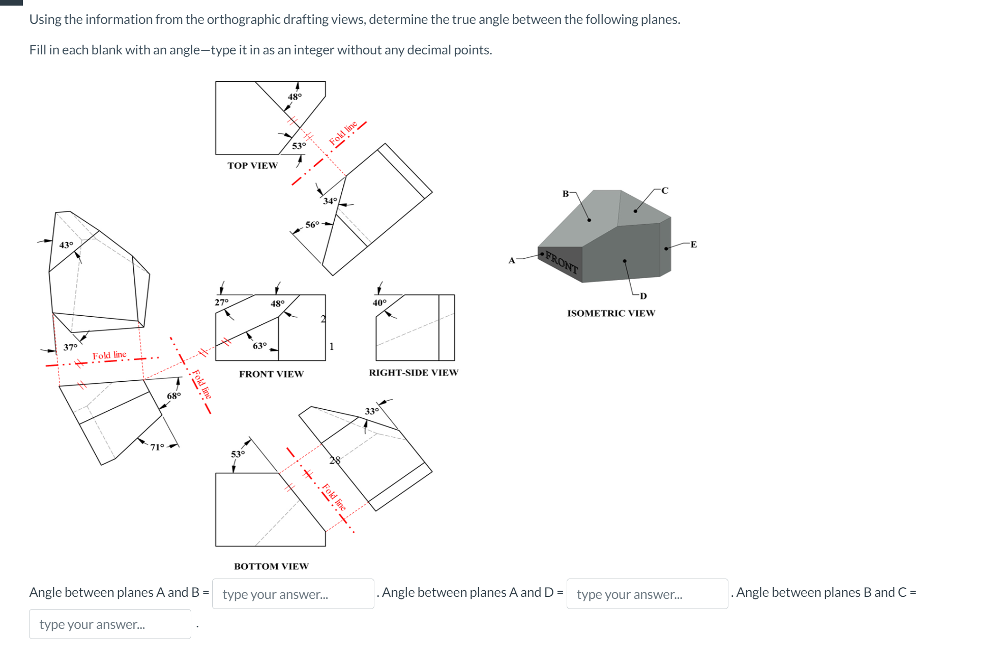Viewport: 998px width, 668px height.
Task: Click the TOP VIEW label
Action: click(252, 166)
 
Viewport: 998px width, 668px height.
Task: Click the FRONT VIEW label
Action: click(271, 374)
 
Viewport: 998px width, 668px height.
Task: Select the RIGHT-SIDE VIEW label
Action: click(413, 373)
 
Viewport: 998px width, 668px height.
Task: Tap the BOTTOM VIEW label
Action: click(271, 566)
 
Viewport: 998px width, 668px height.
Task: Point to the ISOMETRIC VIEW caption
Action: click(611, 313)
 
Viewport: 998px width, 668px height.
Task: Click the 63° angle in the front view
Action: click(259, 346)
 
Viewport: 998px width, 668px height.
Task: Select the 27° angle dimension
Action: click(221, 302)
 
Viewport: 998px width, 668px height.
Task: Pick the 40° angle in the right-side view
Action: click(379, 302)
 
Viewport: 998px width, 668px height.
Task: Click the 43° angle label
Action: click(66, 245)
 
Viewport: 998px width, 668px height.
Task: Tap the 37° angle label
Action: click(70, 347)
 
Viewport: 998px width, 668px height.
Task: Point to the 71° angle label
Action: click(157, 447)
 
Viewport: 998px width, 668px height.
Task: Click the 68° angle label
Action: click(173, 396)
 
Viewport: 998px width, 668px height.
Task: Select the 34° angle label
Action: click(330, 201)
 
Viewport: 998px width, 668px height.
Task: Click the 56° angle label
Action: click(312, 224)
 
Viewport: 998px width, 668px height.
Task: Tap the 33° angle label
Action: click(371, 411)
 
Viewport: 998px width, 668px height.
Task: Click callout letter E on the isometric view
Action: click(693, 245)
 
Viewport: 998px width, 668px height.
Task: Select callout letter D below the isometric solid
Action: click(643, 296)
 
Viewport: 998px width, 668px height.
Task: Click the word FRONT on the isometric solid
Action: click(562, 262)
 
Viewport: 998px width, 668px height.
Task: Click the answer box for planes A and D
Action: click(647, 594)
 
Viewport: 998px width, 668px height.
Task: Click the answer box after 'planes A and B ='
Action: click(292, 594)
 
